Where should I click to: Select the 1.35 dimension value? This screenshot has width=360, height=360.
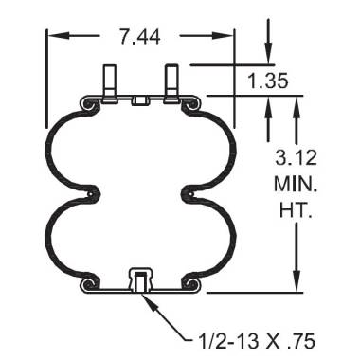(268, 81)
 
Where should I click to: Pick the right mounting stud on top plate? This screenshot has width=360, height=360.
(172, 81)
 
